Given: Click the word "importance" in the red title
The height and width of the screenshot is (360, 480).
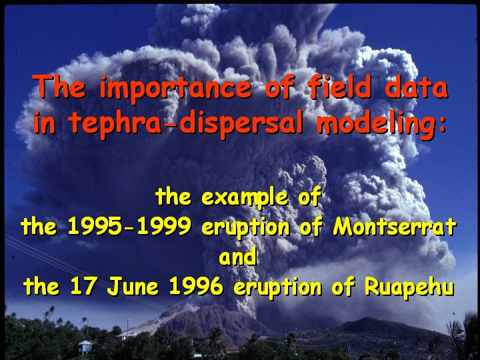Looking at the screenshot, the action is click(x=176, y=89).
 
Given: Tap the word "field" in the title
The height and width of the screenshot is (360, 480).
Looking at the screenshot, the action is click(x=340, y=87).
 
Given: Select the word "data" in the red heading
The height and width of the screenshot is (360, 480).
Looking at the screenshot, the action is click(x=417, y=87).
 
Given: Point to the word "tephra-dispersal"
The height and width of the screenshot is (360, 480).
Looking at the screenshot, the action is click(x=185, y=124).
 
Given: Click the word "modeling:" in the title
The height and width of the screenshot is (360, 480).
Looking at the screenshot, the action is click(x=381, y=125).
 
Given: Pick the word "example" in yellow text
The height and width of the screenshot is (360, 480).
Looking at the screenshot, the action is click(x=245, y=197).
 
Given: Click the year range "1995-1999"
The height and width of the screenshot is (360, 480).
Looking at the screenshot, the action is click(x=129, y=227).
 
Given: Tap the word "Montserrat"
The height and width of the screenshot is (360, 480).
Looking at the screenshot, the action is click(x=395, y=227).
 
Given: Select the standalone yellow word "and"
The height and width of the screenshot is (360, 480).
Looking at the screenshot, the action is click(x=237, y=257).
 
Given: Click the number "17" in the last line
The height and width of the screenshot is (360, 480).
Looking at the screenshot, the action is click(x=84, y=286).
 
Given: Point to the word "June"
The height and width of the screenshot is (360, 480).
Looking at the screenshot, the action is click(x=133, y=286).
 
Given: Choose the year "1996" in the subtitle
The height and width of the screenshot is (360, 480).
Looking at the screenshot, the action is click(x=196, y=286).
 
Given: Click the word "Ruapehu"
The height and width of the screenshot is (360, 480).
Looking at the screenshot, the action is click(x=409, y=287).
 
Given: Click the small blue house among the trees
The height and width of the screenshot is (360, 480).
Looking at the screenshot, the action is click(x=85, y=347).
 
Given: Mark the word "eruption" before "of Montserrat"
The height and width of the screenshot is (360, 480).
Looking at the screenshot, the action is click(x=245, y=228).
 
